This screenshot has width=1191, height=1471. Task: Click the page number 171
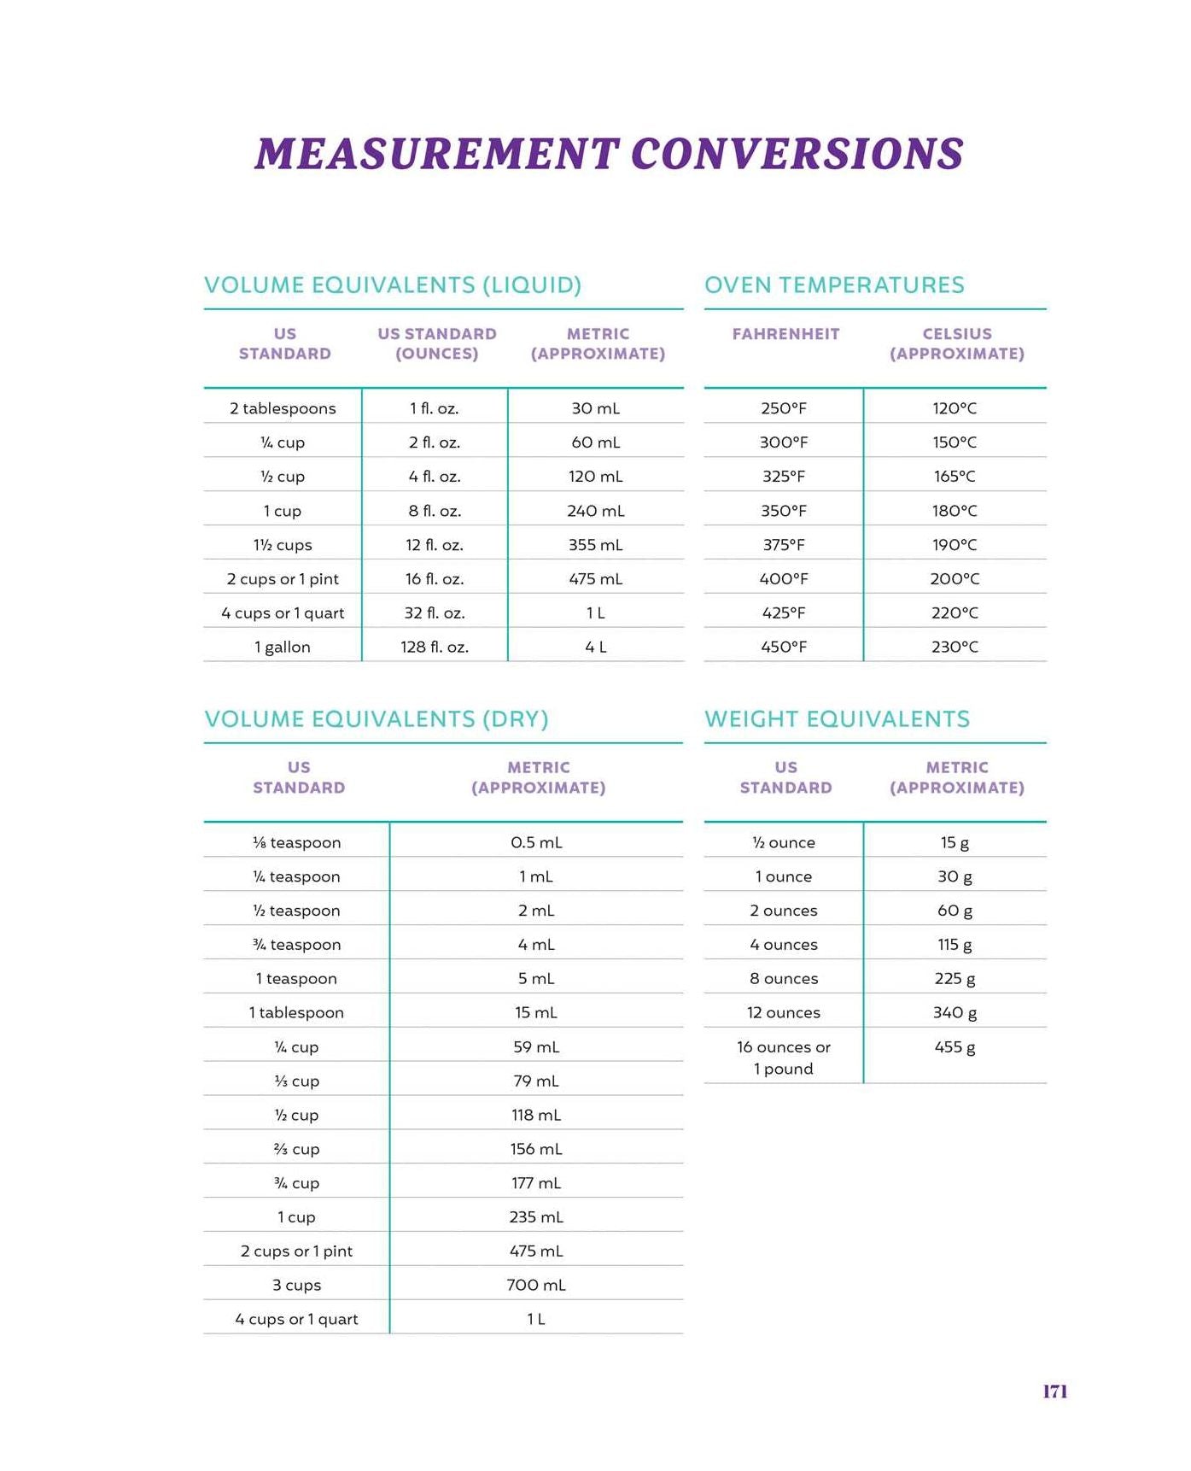tap(1054, 1391)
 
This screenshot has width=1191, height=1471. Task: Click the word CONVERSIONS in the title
tap(797, 154)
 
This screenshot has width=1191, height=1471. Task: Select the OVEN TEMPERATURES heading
tap(834, 284)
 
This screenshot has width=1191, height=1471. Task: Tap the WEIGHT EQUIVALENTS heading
tap(837, 718)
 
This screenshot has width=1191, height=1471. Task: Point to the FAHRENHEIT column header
tap(785, 334)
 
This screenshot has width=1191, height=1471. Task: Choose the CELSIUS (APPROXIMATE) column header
tap(957, 343)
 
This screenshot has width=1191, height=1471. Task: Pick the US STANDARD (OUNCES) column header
tap(437, 343)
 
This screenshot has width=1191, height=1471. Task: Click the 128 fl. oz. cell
tap(435, 647)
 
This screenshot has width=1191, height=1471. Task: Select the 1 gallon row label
tap(283, 647)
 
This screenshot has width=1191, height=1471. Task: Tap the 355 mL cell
tap(596, 544)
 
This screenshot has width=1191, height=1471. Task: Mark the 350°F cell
tap(784, 510)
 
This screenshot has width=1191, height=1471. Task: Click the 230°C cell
tap(955, 647)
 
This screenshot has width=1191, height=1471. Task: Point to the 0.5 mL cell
tap(536, 842)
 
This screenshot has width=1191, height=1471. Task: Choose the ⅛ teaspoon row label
tap(297, 842)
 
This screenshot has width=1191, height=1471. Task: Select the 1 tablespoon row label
tap(296, 1012)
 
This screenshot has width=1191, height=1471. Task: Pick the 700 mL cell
tap(536, 1285)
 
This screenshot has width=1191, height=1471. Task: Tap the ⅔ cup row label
tap(297, 1149)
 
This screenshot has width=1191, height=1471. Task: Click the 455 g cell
tap(955, 1047)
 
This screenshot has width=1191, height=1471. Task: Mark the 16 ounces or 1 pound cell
tap(784, 1058)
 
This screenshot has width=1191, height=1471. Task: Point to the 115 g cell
tap(955, 945)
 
